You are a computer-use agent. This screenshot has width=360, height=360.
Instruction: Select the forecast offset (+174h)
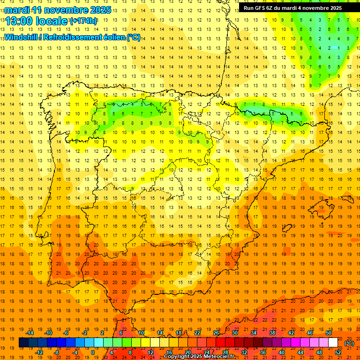(83, 21)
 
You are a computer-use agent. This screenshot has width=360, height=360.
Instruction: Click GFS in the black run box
(261, 8)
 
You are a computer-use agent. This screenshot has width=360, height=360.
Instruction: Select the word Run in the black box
(248, 8)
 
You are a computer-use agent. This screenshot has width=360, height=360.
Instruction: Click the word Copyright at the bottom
(177, 357)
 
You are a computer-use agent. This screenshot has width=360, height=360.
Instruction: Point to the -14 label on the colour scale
(30, 333)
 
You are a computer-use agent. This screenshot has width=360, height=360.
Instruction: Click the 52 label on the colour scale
(338, 352)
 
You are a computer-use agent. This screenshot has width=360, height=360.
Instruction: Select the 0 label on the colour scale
(93, 352)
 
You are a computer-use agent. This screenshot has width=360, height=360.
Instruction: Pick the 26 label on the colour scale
(216, 333)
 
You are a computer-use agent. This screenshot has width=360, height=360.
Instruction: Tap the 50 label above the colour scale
(329, 333)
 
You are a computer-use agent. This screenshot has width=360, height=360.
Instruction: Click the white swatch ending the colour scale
(333, 343)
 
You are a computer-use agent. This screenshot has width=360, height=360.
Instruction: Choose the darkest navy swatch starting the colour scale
(23, 343)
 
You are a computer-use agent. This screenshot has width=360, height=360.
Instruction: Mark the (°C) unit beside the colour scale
(349, 343)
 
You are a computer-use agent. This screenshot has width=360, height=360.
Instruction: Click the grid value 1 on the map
(330, 48)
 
